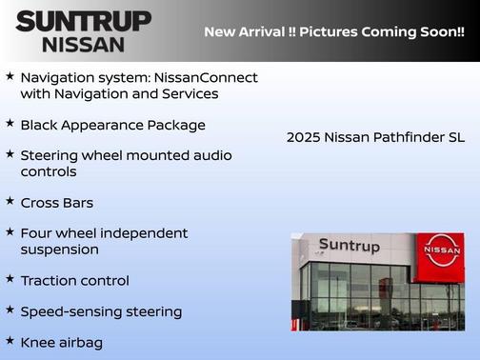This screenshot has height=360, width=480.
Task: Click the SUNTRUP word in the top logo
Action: tap(83, 21)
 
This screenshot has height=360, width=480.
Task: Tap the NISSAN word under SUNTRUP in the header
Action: tap(83, 44)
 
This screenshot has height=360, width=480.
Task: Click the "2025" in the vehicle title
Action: tap(303, 137)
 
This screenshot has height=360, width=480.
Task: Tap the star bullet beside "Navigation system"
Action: tap(10, 75)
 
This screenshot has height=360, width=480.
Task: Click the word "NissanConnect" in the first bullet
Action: tap(211, 77)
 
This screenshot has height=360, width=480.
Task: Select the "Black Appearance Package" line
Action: tap(112, 125)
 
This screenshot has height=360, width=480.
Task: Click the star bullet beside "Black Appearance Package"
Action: tap(10, 124)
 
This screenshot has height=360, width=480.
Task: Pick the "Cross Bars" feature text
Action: tap(56, 203)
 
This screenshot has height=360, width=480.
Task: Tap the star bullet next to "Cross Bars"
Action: tap(10, 201)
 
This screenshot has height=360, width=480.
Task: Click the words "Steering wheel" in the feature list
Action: tap(68, 155)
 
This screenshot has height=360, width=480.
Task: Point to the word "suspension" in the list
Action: tap(59, 250)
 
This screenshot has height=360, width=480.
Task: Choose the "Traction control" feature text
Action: tap(74, 281)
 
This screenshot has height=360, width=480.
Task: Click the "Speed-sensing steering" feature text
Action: tap(100, 311)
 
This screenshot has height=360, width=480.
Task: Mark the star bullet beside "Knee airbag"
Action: tap(10, 340)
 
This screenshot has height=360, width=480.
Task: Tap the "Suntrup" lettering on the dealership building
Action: tap(349, 246)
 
